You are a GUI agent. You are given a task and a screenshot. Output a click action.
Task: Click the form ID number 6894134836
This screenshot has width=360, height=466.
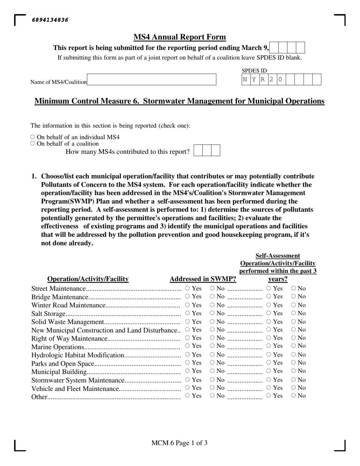[50, 20]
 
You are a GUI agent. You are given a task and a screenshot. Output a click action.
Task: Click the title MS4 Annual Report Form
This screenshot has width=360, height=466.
[180, 37]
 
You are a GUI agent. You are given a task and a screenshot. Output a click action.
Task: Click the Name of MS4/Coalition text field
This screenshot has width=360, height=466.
[152, 80]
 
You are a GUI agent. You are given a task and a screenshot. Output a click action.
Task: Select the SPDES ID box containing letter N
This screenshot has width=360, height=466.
[246, 80]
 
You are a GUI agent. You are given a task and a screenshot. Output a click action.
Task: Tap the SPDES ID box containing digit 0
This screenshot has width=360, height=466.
[281, 80]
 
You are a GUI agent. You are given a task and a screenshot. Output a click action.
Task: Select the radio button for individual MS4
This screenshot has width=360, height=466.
[33, 137]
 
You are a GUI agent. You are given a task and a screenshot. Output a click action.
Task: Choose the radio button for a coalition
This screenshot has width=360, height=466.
[33, 144]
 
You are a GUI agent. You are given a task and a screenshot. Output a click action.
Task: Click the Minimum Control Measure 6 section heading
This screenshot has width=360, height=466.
[180, 101]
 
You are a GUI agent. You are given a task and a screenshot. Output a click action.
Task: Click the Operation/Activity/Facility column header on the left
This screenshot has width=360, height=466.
[88, 279]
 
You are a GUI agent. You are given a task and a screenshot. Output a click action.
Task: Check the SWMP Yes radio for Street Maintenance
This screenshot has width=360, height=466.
[188, 288]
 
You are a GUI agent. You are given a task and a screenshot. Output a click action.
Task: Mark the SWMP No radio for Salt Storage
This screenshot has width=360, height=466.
[212, 313]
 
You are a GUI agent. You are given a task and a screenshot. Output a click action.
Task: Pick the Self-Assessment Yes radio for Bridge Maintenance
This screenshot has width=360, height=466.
[269, 296]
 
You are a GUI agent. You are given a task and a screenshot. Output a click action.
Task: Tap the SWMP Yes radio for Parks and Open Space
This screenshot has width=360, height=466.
[188, 363]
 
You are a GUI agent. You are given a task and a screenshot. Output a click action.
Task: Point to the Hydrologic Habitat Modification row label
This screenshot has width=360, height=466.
[78, 355]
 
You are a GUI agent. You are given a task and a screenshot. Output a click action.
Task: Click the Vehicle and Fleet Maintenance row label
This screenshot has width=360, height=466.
[75, 388]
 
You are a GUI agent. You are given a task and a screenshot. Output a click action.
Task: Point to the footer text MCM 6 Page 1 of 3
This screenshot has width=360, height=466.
[179, 443]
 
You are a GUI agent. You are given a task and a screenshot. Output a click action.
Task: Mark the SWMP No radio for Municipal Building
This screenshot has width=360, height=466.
[212, 371]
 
